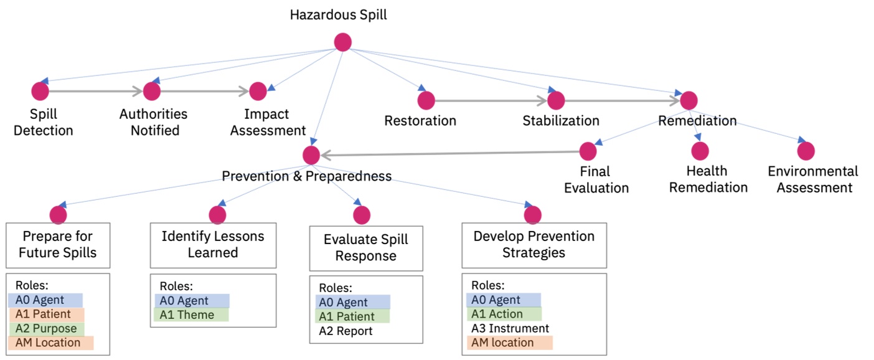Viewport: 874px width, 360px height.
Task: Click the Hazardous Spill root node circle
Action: tap(343, 42)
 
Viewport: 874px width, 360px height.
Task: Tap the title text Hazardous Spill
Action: tap(338, 15)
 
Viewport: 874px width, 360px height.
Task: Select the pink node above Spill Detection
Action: tap(40, 91)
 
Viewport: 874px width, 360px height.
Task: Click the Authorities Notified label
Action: tap(153, 122)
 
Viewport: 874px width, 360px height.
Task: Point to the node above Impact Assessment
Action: tap(258, 91)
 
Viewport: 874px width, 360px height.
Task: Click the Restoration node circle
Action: tap(426, 100)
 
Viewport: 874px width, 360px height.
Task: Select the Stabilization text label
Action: tap(561, 121)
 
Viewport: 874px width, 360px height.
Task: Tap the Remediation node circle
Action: tap(688, 100)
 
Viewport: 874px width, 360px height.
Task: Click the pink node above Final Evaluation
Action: tap(588, 151)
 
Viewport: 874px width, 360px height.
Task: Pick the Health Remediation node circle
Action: tap(700, 151)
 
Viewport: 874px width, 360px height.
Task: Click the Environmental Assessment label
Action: tap(812, 179)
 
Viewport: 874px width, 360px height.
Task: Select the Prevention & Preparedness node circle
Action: tap(311, 154)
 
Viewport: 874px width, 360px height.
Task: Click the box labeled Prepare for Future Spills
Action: tap(57, 245)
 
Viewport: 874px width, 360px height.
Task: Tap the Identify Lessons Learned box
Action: tap(212, 245)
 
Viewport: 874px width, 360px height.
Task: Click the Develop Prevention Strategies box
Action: tap(533, 245)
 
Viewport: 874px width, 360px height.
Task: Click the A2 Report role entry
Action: tap(345, 331)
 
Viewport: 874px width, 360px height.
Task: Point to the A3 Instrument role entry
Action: tap(510, 328)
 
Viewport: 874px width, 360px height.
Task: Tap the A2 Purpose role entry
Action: tap(46, 328)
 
